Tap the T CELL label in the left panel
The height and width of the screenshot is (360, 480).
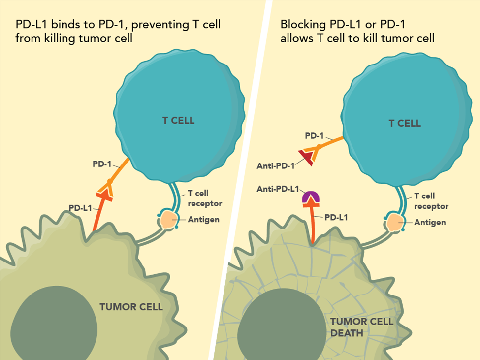[178, 120]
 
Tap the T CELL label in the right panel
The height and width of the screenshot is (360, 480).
[405, 123]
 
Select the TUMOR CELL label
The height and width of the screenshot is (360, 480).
[131, 307]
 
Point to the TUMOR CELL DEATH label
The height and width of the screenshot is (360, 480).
[361, 327]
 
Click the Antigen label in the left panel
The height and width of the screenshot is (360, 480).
[204, 219]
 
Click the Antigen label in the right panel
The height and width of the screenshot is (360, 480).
[430, 222]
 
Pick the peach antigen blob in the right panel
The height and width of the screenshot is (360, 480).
[395, 223]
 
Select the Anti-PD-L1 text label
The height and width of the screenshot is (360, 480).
[276, 189]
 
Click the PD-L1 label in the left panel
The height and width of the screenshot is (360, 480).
[80, 208]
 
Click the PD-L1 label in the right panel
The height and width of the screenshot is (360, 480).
[336, 216]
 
